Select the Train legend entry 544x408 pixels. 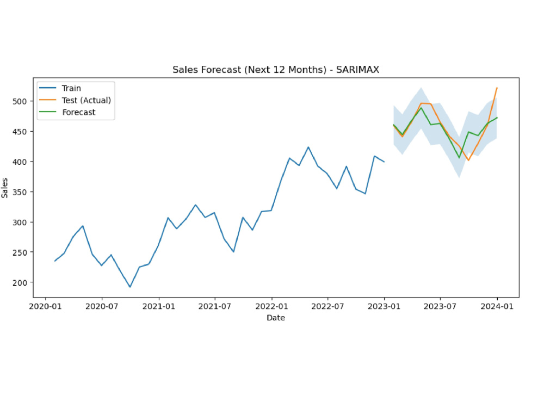(x=60, y=88)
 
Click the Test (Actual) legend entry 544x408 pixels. (x=75, y=100)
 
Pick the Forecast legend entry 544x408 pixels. (x=67, y=112)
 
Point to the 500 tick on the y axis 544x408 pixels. (x=20, y=101)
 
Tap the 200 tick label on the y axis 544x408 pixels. (x=20, y=283)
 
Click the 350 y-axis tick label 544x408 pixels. (x=20, y=192)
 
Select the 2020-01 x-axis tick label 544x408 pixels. (x=46, y=306)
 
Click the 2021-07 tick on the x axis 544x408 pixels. (x=215, y=306)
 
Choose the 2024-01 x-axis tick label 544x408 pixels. (x=497, y=306)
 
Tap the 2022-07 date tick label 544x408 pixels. (x=327, y=306)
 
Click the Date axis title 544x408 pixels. (x=276, y=318)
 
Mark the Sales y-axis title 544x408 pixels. (x=4, y=188)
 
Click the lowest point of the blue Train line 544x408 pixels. (x=130, y=287)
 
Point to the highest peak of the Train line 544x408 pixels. (x=308, y=147)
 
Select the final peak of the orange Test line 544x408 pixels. (x=497, y=88)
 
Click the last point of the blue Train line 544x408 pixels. (x=384, y=162)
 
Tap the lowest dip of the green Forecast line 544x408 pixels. (x=459, y=158)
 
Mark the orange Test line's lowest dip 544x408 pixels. (x=468, y=160)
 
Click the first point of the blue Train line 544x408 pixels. (x=55, y=261)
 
